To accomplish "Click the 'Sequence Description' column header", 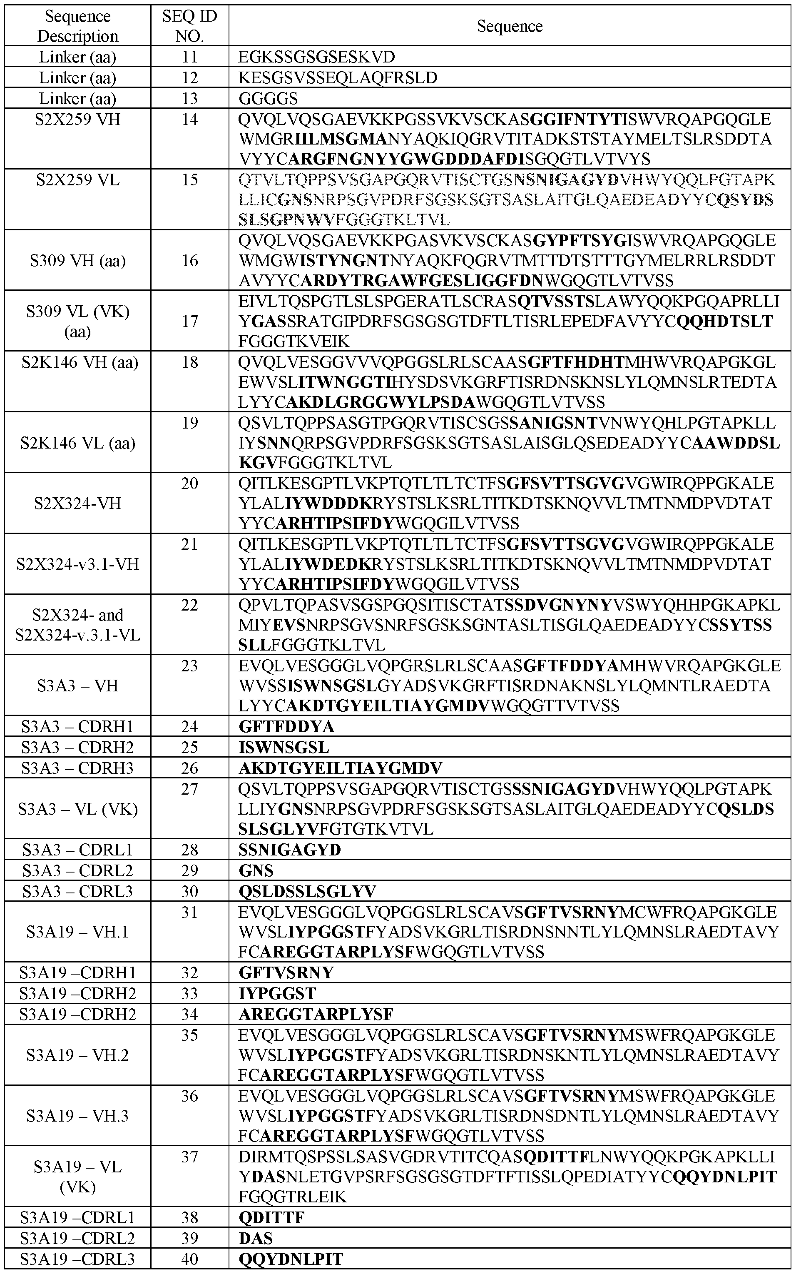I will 77,26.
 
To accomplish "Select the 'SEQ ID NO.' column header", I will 189,26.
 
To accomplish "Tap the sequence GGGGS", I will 268,98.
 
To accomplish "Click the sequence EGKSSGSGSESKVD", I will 316,57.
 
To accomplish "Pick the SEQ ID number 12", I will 189,78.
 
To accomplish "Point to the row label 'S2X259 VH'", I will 77,120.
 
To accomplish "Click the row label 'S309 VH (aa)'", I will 77,260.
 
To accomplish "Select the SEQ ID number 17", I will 189,321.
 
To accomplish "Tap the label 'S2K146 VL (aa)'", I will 77,443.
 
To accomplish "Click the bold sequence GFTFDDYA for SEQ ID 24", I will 286,727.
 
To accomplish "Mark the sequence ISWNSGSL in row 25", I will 284,747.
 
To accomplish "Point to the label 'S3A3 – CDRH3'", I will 77,768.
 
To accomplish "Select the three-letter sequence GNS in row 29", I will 256,870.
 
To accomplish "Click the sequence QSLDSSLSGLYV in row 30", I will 307,891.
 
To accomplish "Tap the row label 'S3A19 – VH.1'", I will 77,932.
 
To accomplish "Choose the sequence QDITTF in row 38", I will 272,1217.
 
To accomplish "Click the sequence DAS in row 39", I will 256,1238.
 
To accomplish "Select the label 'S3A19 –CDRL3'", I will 77,1259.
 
